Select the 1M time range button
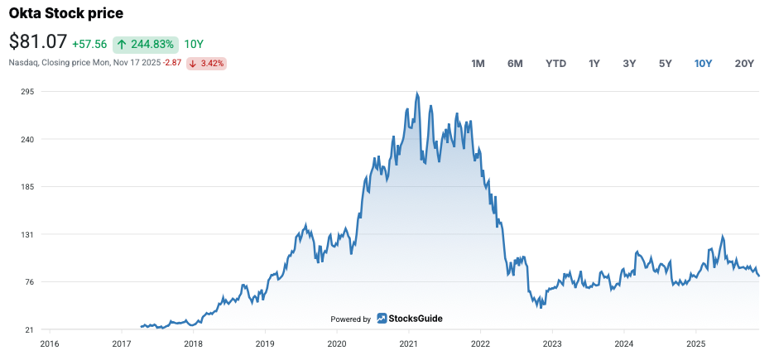click(x=478, y=64)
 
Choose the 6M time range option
click(x=515, y=64)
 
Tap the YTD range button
click(x=555, y=64)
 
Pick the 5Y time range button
click(x=665, y=64)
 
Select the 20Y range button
click(x=744, y=64)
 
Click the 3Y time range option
click(x=629, y=64)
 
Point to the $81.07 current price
click(x=37, y=42)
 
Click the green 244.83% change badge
click(x=146, y=44)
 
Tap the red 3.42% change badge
click(x=206, y=63)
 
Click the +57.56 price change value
click(x=89, y=44)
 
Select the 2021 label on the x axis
click(x=408, y=343)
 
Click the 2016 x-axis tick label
click(x=50, y=343)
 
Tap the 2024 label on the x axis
click(x=624, y=343)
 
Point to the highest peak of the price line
click(x=416, y=93)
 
